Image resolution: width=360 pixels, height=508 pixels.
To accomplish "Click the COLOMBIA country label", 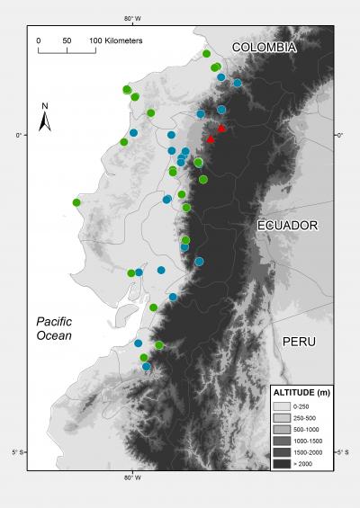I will click(x=264, y=47).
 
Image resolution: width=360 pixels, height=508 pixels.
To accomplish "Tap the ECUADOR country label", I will click(x=288, y=225).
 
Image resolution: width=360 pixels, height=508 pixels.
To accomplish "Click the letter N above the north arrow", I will click(x=46, y=107).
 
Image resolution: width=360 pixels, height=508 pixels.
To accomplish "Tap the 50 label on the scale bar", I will click(x=67, y=41).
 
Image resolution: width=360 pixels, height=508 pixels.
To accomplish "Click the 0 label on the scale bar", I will click(x=39, y=41).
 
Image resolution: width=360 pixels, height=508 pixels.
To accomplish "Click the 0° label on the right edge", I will click(x=340, y=136).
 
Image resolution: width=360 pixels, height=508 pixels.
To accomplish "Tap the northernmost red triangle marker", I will click(x=221, y=129).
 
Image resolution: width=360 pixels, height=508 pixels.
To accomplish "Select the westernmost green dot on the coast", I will click(x=76, y=203).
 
